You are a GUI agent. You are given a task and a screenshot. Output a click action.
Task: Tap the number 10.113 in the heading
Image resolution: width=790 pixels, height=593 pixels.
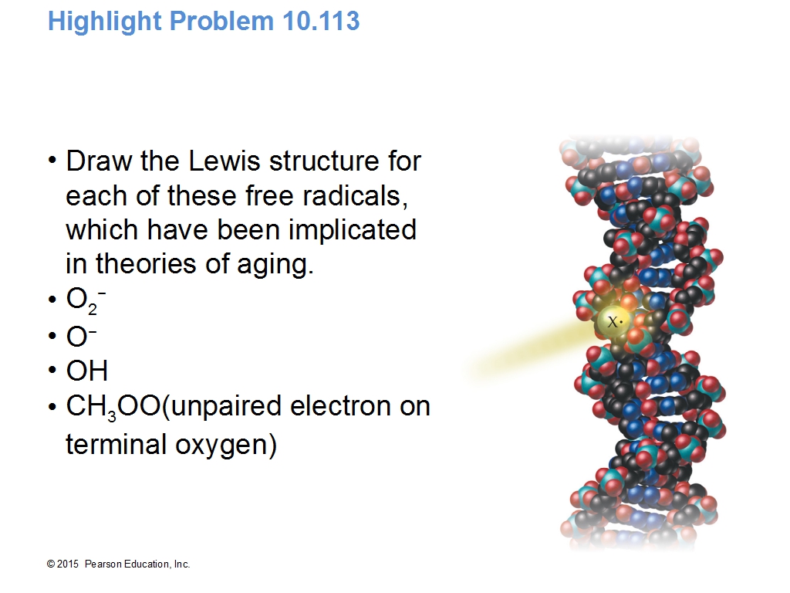(x=321, y=21)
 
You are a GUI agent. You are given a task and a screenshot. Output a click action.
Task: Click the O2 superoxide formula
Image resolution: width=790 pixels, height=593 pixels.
(x=86, y=300)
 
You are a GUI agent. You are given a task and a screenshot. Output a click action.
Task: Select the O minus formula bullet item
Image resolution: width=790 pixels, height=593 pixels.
(x=81, y=337)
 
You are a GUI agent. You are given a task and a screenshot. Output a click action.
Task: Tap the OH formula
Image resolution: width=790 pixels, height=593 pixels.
(x=86, y=371)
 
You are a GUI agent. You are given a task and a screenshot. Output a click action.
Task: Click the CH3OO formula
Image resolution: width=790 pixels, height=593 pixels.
(x=113, y=408)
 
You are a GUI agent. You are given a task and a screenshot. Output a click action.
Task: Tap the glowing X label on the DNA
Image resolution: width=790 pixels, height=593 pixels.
(x=613, y=321)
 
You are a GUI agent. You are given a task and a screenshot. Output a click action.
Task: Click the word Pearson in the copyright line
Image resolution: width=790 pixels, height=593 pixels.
(x=103, y=564)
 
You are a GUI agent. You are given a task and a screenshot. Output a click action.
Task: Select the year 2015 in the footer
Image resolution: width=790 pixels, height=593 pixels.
(x=68, y=564)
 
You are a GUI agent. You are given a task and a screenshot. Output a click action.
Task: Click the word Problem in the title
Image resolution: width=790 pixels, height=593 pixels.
(x=221, y=21)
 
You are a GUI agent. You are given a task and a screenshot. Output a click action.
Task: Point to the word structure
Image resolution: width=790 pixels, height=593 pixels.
(x=323, y=161)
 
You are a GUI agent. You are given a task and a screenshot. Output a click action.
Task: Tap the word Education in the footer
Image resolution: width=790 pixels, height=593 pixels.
(x=147, y=564)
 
